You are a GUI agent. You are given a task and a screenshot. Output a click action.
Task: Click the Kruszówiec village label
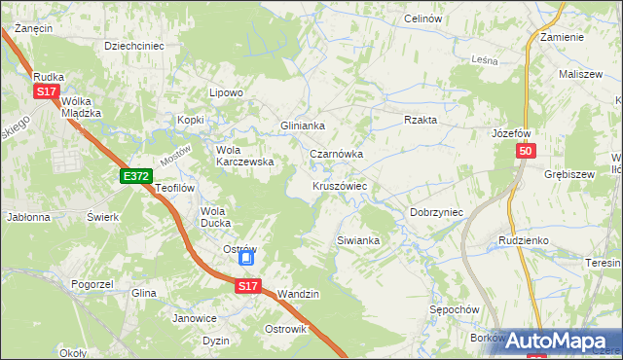(x=339, y=185)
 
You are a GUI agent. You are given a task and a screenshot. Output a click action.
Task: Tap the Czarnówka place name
(x=336, y=154)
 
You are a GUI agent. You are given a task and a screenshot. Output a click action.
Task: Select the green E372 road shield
(x=136, y=176)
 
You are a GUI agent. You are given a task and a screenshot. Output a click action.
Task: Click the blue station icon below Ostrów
(x=247, y=259)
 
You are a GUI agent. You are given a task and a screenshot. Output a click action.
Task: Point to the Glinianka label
(x=302, y=126)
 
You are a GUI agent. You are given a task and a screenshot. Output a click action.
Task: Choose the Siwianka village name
(x=357, y=239)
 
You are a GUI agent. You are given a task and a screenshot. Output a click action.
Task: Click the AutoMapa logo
(x=560, y=342)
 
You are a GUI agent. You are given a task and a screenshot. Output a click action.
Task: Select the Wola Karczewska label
(x=244, y=156)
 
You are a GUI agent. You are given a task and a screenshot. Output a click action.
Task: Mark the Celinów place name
(x=422, y=19)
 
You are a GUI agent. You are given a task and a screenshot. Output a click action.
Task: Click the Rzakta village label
(x=421, y=120)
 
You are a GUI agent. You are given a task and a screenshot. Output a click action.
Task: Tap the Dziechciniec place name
(x=133, y=45)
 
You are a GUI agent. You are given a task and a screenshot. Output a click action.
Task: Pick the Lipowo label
(x=226, y=93)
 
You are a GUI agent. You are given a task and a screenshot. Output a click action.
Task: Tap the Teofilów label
(x=176, y=188)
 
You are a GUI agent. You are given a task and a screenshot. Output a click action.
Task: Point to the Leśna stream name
(x=485, y=60)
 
